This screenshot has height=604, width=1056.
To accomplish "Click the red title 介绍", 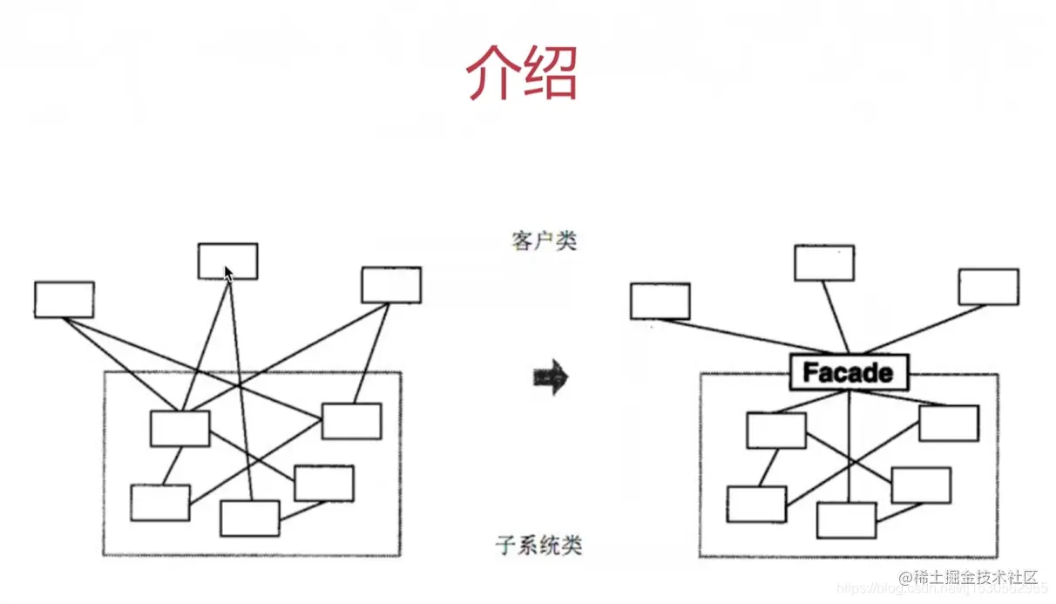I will (x=522, y=72).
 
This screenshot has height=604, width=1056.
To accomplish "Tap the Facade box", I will (x=848, y=373).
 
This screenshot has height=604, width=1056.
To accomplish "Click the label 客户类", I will (x=545, y=241).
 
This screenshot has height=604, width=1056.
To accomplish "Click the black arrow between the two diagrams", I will (x=550, y=378).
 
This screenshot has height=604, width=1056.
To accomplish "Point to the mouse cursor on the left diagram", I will (x=228, y=274).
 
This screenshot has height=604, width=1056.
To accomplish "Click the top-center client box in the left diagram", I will (x=227, y=261).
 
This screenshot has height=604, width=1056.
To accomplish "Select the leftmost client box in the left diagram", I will (x=64, y=299).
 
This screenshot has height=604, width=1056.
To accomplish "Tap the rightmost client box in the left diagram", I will (x=391, y=285).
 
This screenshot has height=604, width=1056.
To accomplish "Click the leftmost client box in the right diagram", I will (x=660, y=301).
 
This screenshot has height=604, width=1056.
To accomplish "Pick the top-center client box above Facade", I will (x=823, y=262).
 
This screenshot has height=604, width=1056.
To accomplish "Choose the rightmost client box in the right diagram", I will (x=988, y=287).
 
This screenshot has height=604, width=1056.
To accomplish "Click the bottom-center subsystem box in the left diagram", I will (x=249, y=518).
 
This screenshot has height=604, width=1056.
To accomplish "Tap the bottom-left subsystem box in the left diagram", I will (x=160, y=502).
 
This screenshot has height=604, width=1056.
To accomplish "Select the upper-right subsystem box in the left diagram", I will (x=351, y=421).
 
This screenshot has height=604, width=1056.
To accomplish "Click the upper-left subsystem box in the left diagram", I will (x=179, y=428).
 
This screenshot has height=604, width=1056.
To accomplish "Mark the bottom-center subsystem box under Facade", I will (x=846, y=519).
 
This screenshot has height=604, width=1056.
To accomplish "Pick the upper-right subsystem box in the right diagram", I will (x=949, y=423).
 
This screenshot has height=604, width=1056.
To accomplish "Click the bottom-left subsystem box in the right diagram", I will (x=756, y=504).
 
